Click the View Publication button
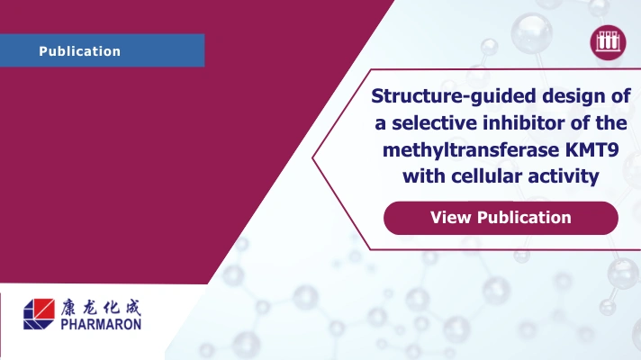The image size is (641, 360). pos(501,218)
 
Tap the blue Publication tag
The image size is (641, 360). pos(102,51)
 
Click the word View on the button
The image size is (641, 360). pos(451,218)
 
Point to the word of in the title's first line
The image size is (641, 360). pos(620,96)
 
